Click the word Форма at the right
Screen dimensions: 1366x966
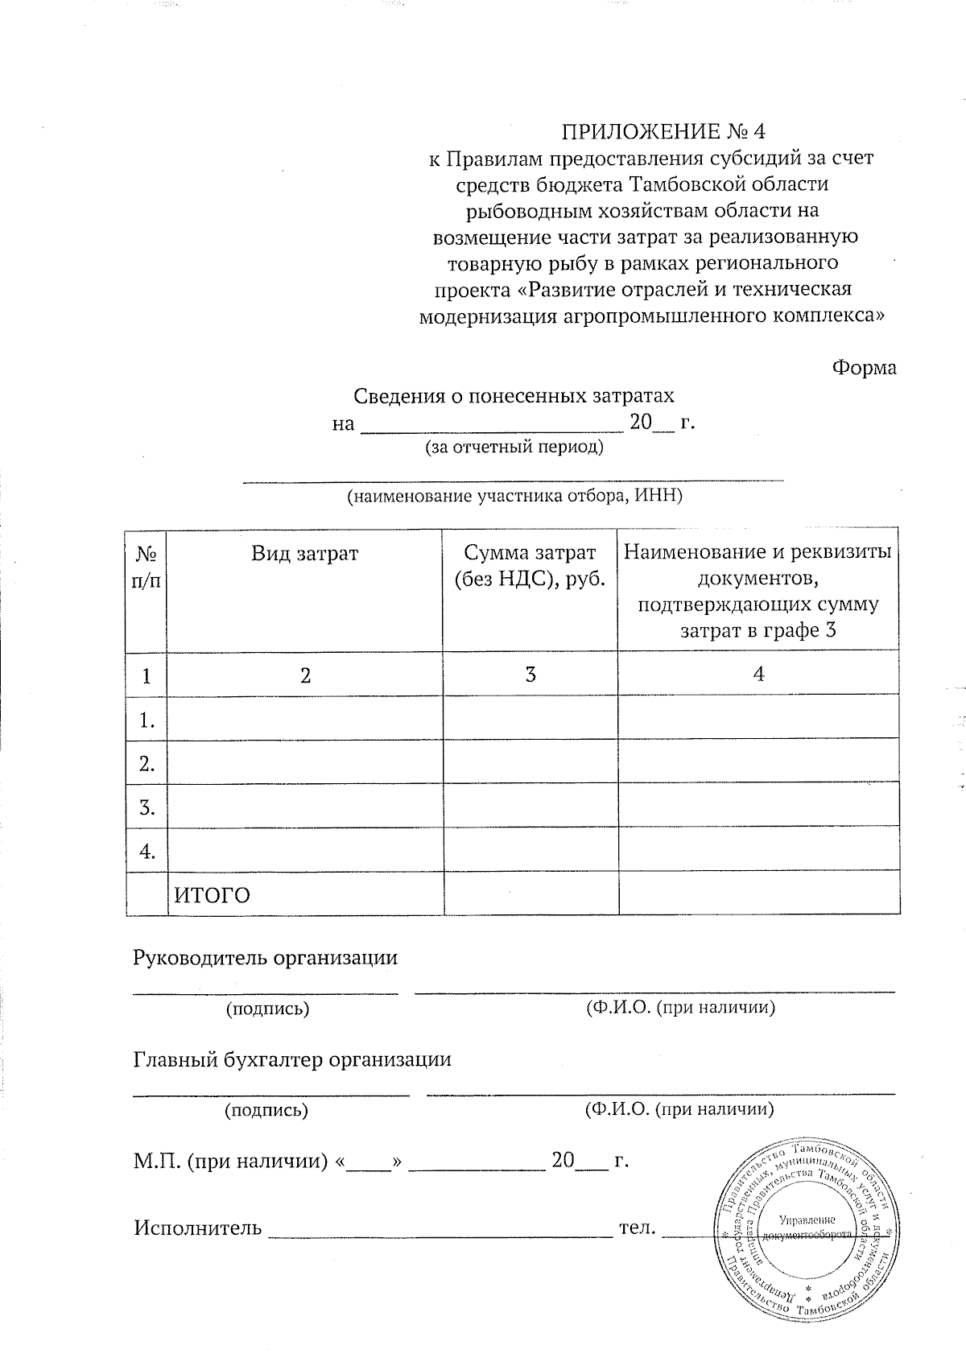pos(864,368)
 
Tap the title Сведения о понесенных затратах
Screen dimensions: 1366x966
pos(514,396)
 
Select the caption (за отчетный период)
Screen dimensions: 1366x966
pos(514,447)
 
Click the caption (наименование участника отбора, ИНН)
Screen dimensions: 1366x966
pos(514,496)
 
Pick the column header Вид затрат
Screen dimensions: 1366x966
pos(304,553)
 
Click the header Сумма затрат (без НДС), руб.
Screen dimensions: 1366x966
pos(530,566)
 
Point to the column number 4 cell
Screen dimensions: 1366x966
pos(758,673)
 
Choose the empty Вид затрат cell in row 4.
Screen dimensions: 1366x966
pos(304,850)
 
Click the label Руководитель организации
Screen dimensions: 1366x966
pos(265,958)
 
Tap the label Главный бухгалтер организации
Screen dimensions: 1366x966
pos(291,1059)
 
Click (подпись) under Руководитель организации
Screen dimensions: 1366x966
pos(267,1009)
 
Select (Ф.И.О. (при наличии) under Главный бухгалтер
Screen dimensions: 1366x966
pos(679,1109)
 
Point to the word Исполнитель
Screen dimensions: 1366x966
pos(197,1228)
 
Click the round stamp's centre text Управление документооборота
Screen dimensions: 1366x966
pos(807,1227)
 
